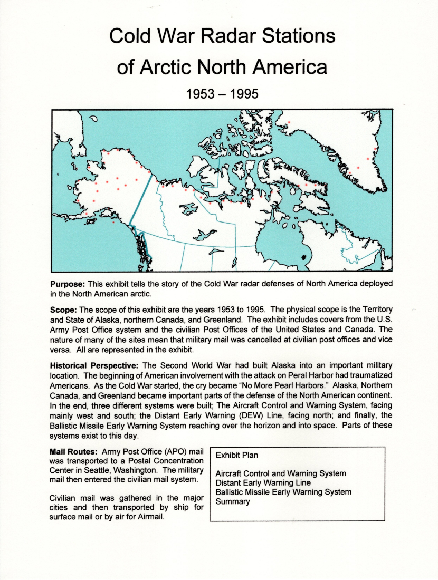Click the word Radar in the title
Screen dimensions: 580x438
pyautogui.click(x=221, y=36)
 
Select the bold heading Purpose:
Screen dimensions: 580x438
pyautogui.click(x=68, y=284)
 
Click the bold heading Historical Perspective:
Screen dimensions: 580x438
pyautogui.click(x=95, y=365)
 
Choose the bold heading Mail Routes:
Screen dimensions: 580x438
pyautogui.click(x=73, y=452)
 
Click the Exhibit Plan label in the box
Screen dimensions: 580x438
pyautogui.click(x=237, y=455)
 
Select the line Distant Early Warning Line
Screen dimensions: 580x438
pyautogui.click(x=263, y=482)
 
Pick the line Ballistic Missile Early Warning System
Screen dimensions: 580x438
pyautogui.click(x=283, y=492)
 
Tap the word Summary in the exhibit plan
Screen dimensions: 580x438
pyautogui.click(x=233, y=501)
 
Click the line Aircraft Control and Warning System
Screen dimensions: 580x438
pyautogui.click(x=281, y=473)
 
